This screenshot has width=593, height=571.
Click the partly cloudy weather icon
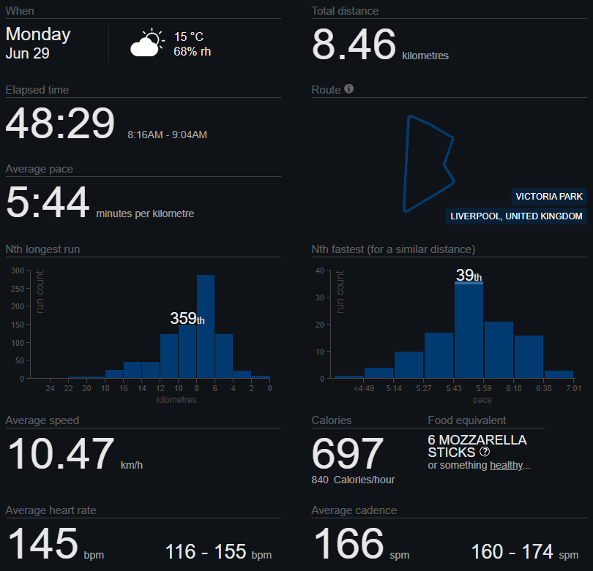pos(147,42)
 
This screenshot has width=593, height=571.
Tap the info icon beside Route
pos(349,88)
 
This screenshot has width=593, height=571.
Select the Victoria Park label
pos(549,197)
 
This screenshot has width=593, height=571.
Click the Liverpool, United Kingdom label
pos(516,216)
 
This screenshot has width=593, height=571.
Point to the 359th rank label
pos(187,318)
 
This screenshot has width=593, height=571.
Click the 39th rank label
pos(469,275)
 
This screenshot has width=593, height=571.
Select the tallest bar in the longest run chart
pos(206,326)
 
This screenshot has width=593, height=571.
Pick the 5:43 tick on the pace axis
pos(453,389)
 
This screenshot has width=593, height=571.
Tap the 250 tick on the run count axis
pos(18,289)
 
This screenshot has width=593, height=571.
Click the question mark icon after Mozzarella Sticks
pos(485,452)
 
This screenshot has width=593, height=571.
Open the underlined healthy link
pos(507,465)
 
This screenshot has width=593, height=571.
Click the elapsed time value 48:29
pos(60,123)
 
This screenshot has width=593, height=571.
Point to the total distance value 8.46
pos(354,45)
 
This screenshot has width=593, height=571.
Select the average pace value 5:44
pos(48,202)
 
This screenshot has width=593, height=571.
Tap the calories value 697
pos(348,453)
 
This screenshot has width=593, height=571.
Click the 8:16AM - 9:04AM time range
pos(167,135)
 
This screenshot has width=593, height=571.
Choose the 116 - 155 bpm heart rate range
pos(219,552)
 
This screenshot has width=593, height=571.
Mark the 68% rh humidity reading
pos(192,52)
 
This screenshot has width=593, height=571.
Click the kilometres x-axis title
pos(176,400)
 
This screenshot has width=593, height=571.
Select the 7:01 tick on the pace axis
pos(574,389)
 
